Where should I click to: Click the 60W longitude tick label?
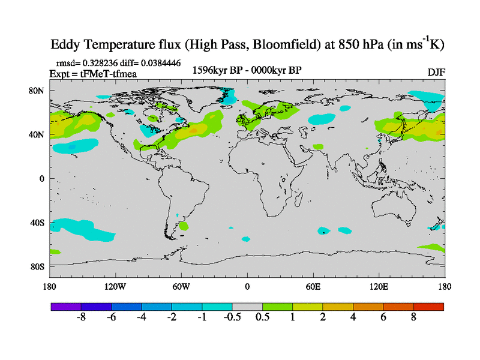[181, 286]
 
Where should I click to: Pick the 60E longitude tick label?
[313, 286]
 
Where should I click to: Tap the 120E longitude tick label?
[379, 286]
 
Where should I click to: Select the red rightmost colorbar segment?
[428, 306]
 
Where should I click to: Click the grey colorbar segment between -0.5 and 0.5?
[247, 306]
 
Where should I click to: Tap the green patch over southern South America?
[183, 226]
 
